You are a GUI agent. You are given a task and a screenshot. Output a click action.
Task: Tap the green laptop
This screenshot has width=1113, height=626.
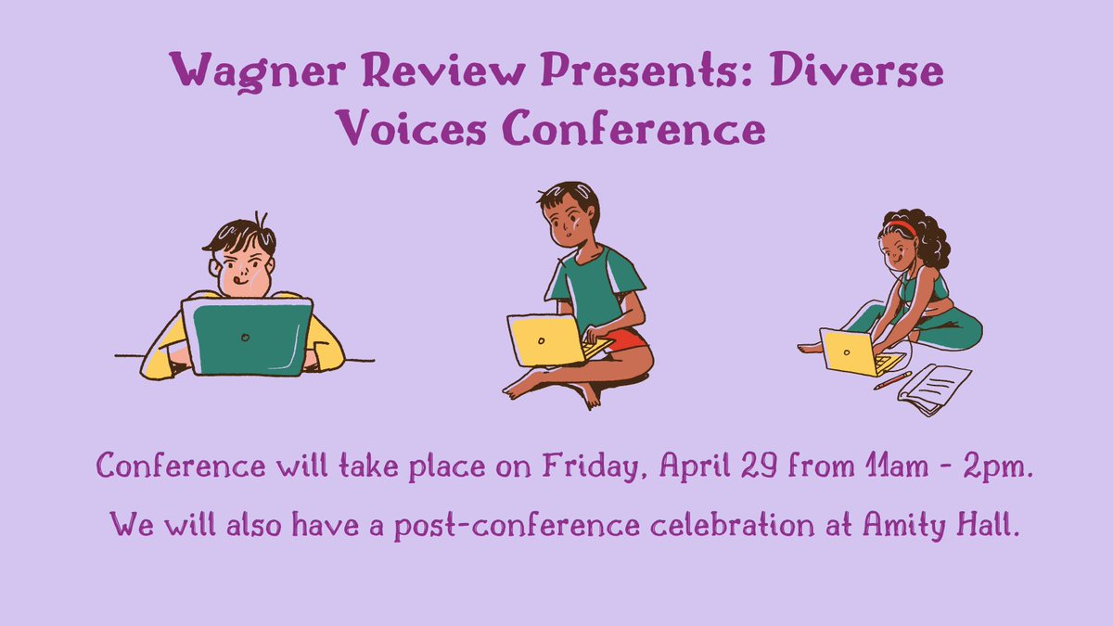pyautogui.click(x=247, y=336)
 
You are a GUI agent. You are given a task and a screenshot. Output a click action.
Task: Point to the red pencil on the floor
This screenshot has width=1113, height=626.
pyautogui.click(x=892, y=380)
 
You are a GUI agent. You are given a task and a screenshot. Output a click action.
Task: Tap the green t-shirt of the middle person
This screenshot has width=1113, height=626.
pyautogui.click(x=594, y=283)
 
